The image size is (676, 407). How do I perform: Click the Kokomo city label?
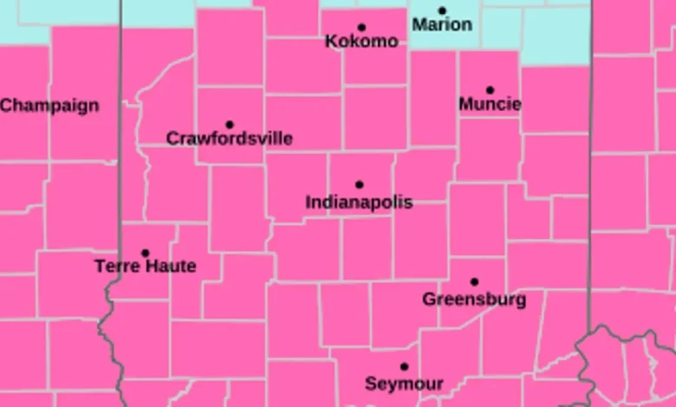(x=361, y=42)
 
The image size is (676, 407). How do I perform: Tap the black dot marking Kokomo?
(x=361, y=28)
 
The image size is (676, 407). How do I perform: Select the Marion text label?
(x=442, y=25)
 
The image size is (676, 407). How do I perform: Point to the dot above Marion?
(x=442, y=11)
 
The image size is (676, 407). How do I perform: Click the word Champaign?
(x=49, y=106)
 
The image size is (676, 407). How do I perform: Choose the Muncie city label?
(x=490, y=105)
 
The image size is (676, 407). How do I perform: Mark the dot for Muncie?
(x=490, y=90)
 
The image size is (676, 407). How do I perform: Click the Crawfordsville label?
(x=229, y=139)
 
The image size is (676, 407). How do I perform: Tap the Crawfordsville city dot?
(x=230, y=125)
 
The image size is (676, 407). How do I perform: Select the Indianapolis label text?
(x=359, y=203)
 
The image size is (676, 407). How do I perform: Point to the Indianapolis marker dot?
(x=359, y=184)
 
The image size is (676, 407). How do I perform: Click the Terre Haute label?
(x=146, y=267)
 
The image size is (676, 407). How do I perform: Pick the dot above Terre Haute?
(x=146, y=254)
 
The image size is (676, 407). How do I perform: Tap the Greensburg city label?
(x=474, y=300)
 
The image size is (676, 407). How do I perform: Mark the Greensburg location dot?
(x=474, y=281)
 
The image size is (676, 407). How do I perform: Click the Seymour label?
(x=404, y=384)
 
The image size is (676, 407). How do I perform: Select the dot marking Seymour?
(x=404, y=367)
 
